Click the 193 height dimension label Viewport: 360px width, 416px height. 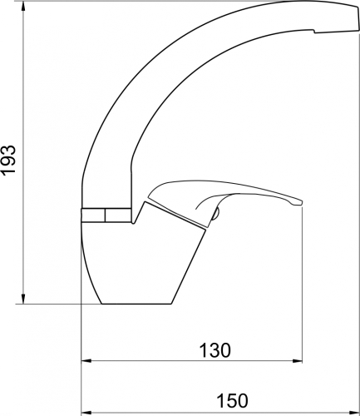click(9, 161)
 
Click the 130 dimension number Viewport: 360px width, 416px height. click(215, 350)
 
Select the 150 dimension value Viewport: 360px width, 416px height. click(232, 400)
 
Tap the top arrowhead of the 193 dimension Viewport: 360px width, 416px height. click(23, 6)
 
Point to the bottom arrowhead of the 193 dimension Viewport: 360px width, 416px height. click(23, 300)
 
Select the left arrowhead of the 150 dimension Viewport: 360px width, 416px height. click(86, 412)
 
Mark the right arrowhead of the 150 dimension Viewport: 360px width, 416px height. click(353, 412)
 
